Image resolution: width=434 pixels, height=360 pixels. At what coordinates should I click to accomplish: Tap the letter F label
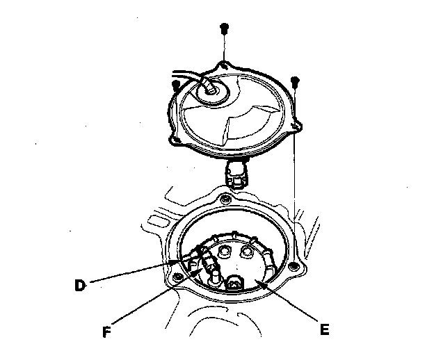[x=106, y=332]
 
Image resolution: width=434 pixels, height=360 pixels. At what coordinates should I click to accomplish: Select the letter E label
[x=324, y=329]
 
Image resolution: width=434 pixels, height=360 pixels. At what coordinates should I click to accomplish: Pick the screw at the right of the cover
[x=296, y=81]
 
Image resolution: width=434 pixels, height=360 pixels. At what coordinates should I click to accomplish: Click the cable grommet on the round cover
[x=210, y=88]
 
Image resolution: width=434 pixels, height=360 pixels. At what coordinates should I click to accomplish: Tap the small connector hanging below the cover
[x=236, y=174]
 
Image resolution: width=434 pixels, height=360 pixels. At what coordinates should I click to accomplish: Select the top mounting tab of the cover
[x=225, y=64]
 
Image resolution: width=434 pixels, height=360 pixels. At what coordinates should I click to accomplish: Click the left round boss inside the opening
[x=225, y=249]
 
